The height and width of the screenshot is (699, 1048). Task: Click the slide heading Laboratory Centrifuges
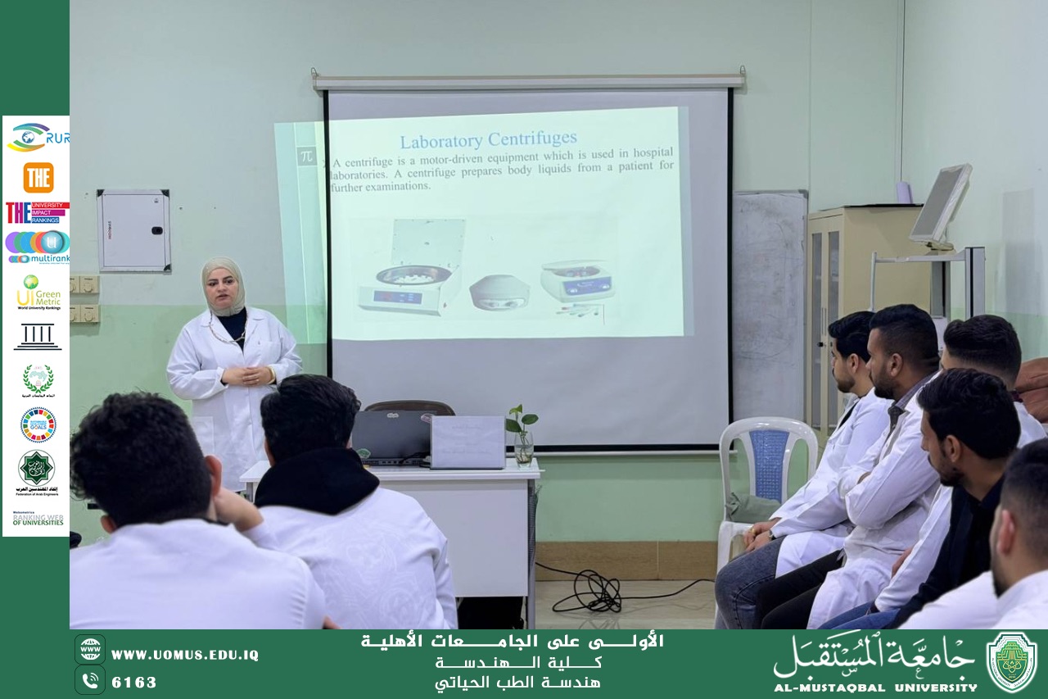488,138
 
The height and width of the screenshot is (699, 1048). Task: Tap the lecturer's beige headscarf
223,283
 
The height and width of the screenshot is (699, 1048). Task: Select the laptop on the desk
391,438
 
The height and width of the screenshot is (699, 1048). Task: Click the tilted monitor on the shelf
941,203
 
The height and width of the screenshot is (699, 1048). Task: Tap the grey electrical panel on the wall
133,230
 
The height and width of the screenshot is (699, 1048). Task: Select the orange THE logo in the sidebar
38,177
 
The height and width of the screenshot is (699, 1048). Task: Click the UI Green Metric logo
38,292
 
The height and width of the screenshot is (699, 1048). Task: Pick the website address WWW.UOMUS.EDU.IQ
184,655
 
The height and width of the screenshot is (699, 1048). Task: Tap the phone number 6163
134,682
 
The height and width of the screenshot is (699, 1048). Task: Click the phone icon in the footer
90,680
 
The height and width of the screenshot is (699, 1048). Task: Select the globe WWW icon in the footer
90,650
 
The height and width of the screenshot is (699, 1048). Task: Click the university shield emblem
1011,662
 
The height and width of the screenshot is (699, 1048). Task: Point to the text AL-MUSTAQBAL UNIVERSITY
875,688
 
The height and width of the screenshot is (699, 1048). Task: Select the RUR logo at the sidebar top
37,137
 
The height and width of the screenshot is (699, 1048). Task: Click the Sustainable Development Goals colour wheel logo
38,424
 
